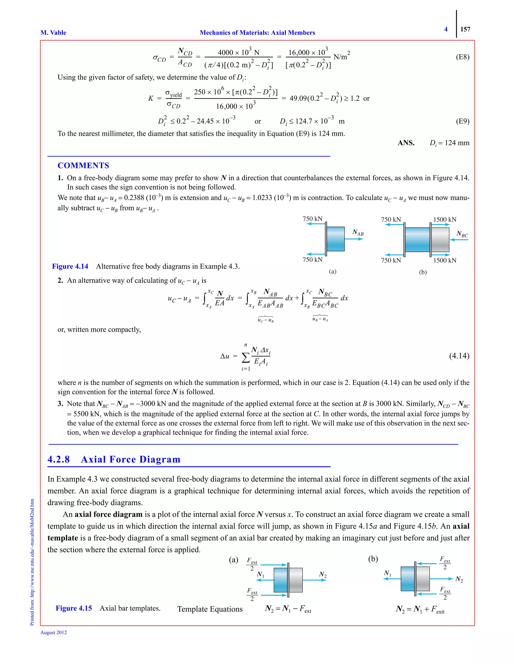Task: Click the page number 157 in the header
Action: coord(465,29)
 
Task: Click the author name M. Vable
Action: coord(53,33)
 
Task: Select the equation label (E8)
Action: coord(462,57)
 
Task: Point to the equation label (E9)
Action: coord(462,121)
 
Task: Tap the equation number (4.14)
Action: coord(459,356)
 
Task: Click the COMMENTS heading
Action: coord(83,166)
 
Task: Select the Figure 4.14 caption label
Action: coord(70,266)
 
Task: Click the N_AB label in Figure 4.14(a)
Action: coord(358,233)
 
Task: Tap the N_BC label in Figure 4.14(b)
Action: coord(462,234)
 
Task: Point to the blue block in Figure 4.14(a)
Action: coord(336,239)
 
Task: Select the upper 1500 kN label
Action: coord(445,220)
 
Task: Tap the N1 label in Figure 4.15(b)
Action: coord(387,573)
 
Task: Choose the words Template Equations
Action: coord(210,609)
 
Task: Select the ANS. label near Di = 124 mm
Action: coord(406,143)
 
